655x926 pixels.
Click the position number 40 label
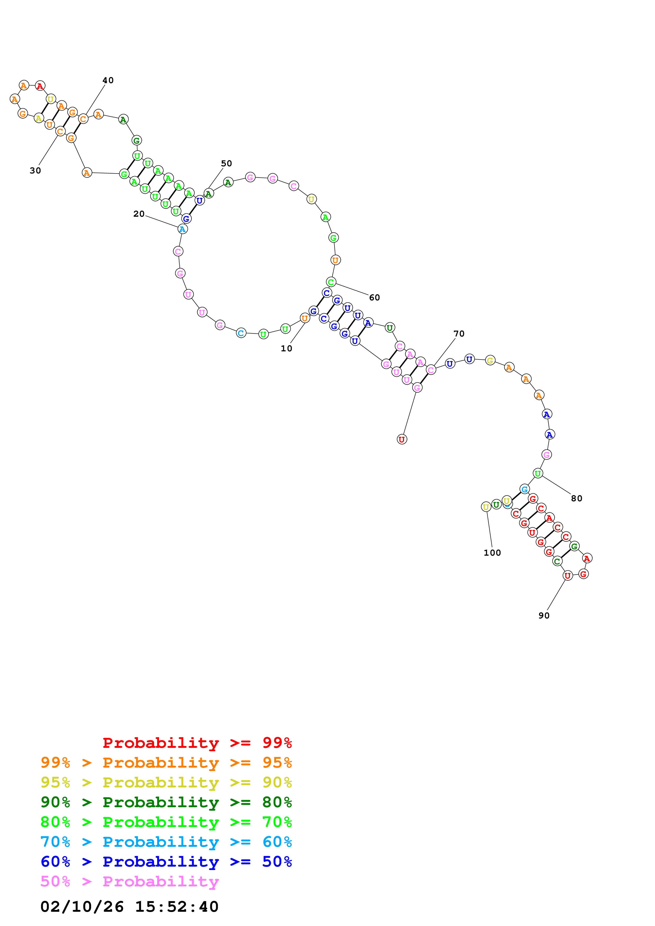point(108,80)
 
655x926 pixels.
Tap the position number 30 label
point(35,171)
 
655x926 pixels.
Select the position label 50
point(226,163)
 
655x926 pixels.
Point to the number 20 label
point(139,214)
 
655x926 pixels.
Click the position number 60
point(374,298)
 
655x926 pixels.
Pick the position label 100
point(492,553)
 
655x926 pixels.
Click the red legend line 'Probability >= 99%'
point(197,743)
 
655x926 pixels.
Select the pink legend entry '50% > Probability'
point(129,882)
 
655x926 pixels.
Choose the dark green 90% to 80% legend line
point(166,802)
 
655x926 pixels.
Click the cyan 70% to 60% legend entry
point(166,842)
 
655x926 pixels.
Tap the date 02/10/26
point(82,907)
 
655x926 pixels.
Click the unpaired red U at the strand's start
point(402,439)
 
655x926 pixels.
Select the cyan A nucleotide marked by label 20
point(182,229)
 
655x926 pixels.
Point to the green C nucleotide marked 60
point(331,282)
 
